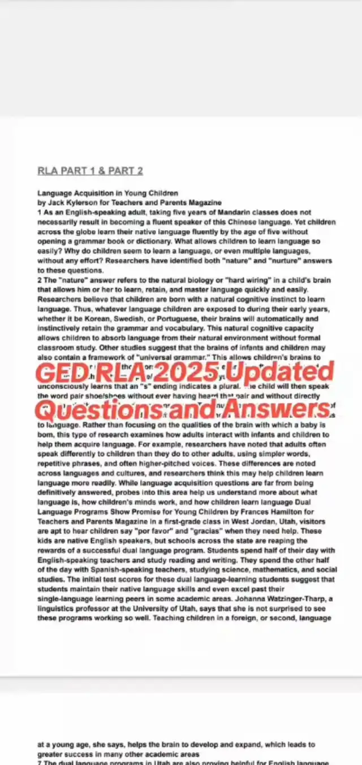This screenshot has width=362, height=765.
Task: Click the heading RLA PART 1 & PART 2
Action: click(x=90, y=171)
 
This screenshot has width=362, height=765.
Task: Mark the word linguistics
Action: click(x=57, y=608)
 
